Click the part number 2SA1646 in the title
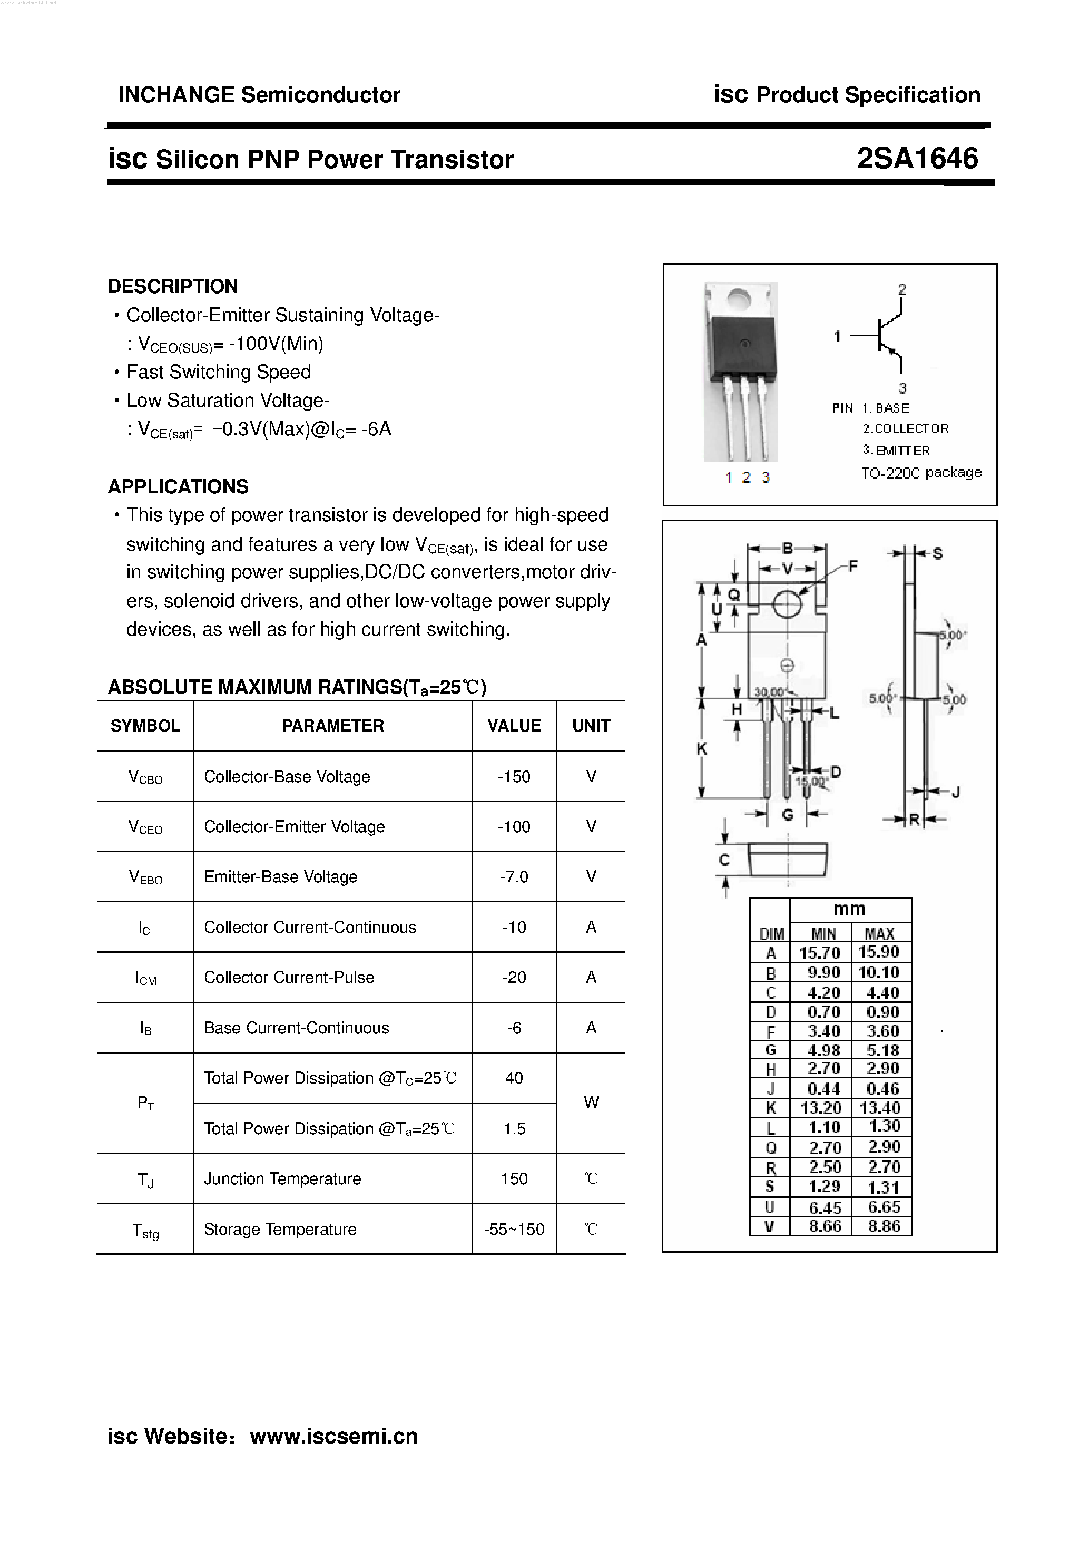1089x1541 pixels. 917,159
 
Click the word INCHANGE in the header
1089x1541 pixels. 176,95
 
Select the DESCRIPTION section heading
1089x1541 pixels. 172,287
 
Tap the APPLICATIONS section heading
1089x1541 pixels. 178,486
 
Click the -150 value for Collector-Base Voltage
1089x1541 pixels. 514,776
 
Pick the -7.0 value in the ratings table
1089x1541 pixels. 514,876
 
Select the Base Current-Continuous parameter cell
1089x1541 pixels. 296,1028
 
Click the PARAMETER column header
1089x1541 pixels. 333,726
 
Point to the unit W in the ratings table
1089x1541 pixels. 591,1103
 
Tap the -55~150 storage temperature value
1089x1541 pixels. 514,1230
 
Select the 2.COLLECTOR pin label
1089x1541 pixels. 905,429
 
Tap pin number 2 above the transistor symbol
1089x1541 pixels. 902,289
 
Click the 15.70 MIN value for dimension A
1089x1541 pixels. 819,953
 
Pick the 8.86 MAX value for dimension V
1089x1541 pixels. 883,1226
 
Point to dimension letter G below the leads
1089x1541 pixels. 788,814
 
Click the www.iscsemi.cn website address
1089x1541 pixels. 333,1436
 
